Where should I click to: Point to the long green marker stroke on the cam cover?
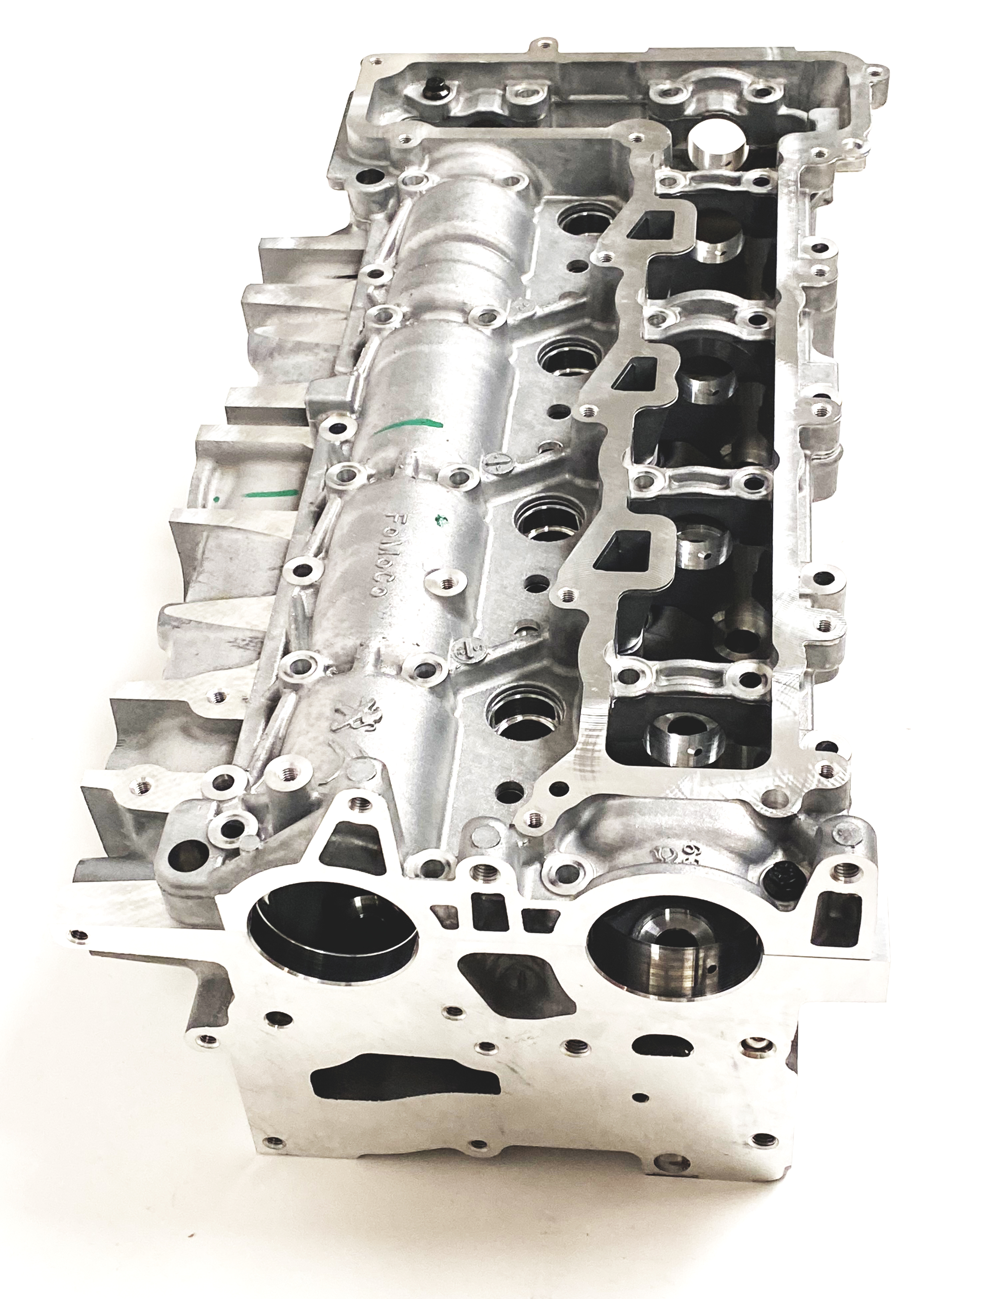click(410, 425)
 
